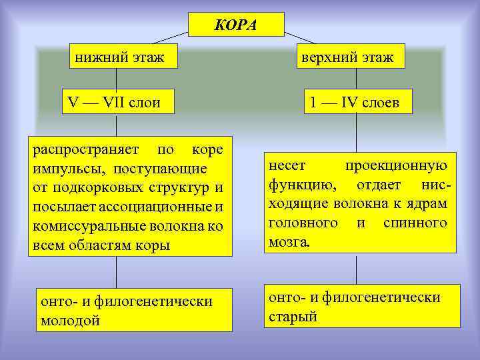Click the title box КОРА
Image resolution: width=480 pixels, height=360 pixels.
[x=236, y=26]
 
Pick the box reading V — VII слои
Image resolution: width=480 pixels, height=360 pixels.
[x=115, y=103]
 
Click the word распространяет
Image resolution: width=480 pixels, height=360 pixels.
[x=85, y=148]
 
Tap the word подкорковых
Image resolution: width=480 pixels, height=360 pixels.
[x=98, y=187]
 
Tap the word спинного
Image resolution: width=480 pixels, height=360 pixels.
[x=415, y=222]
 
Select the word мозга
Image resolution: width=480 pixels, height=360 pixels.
[x=289, y=242]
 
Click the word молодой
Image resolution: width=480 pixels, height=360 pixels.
[x=70, y=320]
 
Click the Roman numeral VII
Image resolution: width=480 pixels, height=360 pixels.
[x=117, y=103]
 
